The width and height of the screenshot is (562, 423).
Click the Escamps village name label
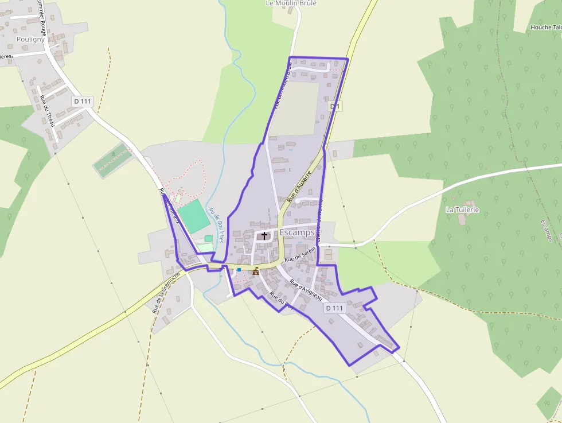click(x=296, y=232)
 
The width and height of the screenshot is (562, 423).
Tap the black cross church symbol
click(x=264, y=235)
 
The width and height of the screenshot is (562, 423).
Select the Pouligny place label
click(x=30, y=40)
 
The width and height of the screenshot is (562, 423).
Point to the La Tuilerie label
click(x=462, y=210)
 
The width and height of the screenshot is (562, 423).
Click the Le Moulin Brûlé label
click(x=291, y=3)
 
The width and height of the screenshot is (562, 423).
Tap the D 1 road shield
click(x=335, y=106)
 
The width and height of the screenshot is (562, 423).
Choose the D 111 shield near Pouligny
click(x=83, y=101)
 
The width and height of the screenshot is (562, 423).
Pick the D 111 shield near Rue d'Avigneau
click(x=334, y=308)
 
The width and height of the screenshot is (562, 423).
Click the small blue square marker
click(x=239, y=269)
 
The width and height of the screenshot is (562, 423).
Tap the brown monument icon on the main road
click(x=256, y=271)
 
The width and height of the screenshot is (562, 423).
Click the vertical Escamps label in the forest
click(x=545, y=230)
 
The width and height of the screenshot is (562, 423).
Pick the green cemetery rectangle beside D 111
click(x=112, y=160)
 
